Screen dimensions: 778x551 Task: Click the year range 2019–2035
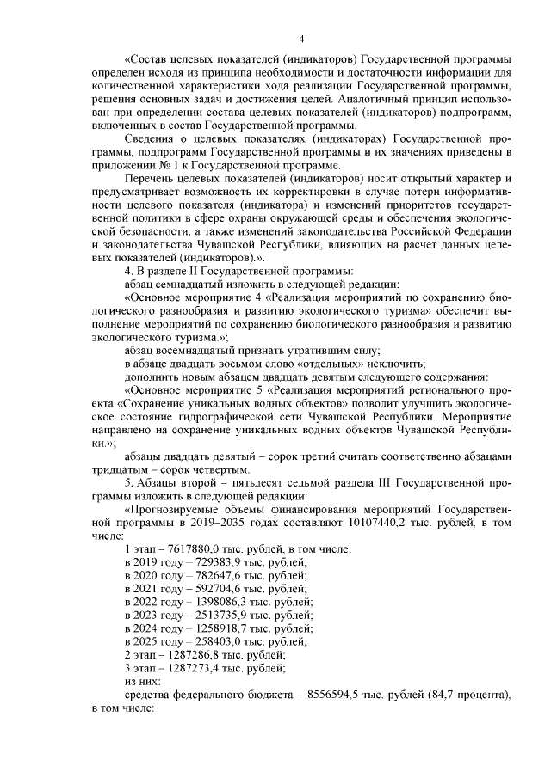click(x=209, y=522)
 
